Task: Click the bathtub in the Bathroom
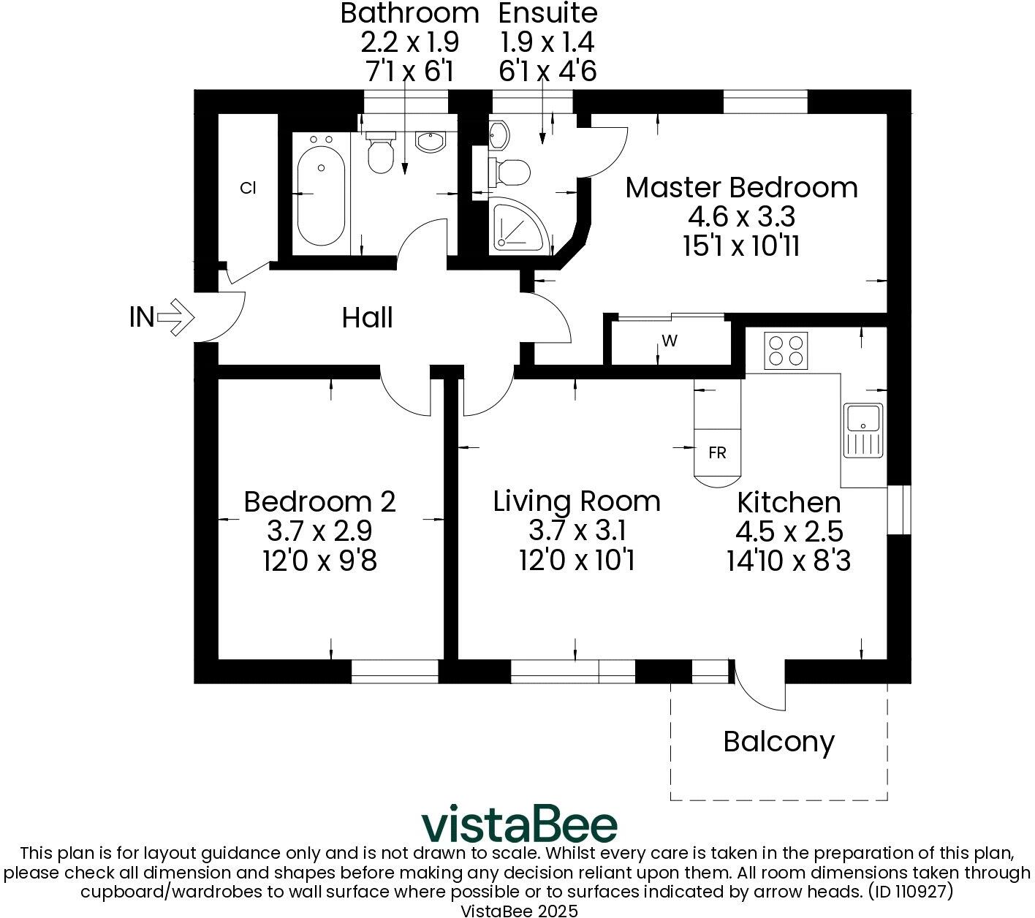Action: click(321, 191)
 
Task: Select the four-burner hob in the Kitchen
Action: click(786, 350)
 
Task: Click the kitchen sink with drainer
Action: click(863, 430)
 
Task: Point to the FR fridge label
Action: click(717, 453)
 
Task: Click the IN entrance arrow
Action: click(175, 317)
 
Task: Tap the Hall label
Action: click(367, 318)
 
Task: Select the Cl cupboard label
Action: click(248, 188)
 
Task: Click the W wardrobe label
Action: click(667, 342)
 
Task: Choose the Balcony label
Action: click(778, 741)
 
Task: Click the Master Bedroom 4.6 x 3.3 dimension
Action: click(741, 217)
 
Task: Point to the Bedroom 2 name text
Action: click(319, 502)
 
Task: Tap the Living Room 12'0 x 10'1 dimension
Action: click(577, 561)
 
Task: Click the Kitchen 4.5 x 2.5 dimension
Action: click(789, 531)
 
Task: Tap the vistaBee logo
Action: click(519, 825)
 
